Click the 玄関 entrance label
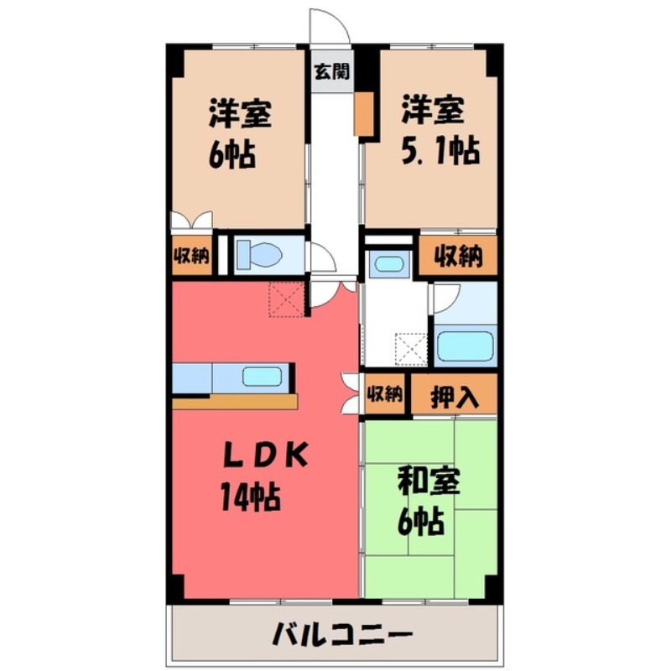332,71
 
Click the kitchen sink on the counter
262,377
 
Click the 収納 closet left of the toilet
190,257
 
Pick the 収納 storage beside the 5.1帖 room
458,257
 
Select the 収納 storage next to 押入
385,393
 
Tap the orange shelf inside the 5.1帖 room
363,113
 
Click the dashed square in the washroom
412,349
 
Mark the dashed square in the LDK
284,299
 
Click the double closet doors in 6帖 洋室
190,221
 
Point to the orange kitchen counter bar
235,401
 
